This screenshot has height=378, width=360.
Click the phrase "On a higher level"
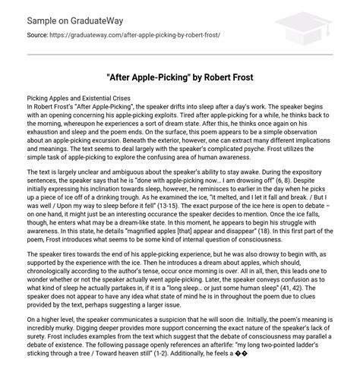pos(46,322)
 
